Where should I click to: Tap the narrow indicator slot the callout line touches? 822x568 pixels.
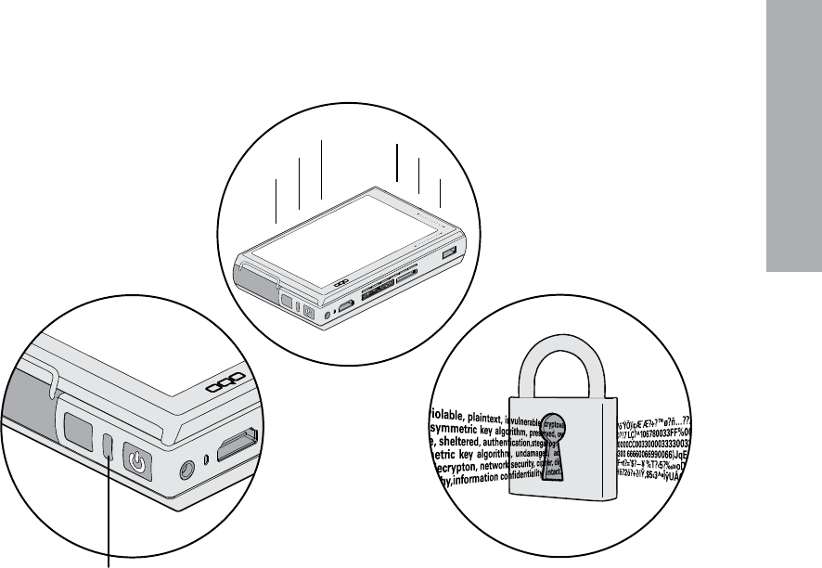coord(109,446)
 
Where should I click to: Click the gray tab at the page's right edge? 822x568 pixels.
coord(793,148)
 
